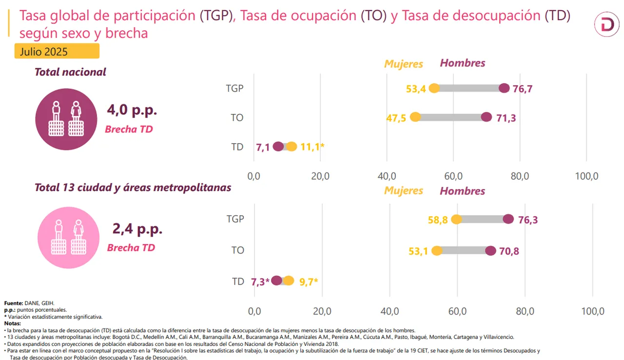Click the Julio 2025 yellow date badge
[x=57, y=51]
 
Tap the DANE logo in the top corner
[x=606, y=25]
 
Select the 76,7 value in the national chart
[x=522, y=89]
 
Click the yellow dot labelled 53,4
[x=434, y=88]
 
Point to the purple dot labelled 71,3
[x=486, y=117]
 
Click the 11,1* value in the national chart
[x=312, y=147]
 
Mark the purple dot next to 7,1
[x=278, y=147]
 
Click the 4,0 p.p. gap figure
[x=132, y=110]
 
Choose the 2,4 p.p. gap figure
[x=137, y=228]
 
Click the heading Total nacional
[x=70, y=72]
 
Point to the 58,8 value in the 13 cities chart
[x=438, y=220]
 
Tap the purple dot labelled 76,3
[x=508, y=219]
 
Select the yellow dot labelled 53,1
[x=437, y=251]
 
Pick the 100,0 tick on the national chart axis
[x=586, y=176]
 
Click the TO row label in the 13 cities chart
[x=237, y=250]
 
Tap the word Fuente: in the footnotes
[x=14, y=303]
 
